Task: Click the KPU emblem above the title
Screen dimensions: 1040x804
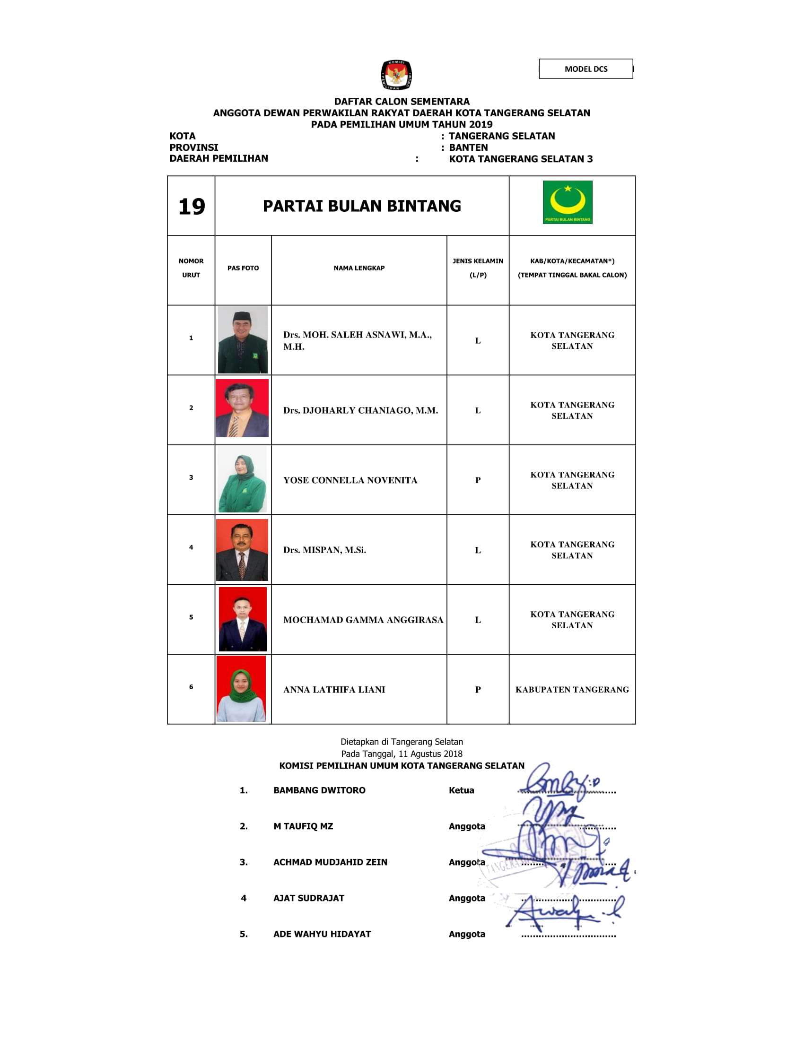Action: pyautogui.click(x=396, y=75)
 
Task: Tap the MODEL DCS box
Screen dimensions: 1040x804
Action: pyautogui.click(x=586, y=69)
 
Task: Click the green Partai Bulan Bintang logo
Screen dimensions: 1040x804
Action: pyautogui.click(x=567, y=202)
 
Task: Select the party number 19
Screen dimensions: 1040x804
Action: pyautogui.click(x=192, y=207)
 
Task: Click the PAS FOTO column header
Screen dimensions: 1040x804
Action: pyautogui.click(x=243, y=268)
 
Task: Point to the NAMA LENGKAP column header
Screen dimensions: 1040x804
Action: pyautogui.click(x=358, y=268)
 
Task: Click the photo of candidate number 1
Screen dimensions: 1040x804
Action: pyautogui.click(x=243, y=339)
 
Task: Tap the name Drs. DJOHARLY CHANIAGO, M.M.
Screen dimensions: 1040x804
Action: pyautogui.click(x=360, y=410)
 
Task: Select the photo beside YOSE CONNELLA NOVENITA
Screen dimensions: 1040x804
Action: pyautogui.click(x=243, y=479)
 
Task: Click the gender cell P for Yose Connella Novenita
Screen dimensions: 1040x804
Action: pyautogui.click(x=478, y=480)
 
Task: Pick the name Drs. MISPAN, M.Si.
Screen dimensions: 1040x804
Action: pyautogui.click(x=324, y=550)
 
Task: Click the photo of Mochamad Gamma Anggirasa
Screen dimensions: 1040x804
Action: pyautogui.click(x=243, y=619)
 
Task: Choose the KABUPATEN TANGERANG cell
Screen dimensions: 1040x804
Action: pyautogui.click(x=572, y=690)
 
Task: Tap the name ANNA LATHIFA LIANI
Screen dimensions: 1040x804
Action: pyautogui.click(x=334, y=690)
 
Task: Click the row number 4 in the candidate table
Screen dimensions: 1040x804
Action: pyautogui.click(x=191, y=547)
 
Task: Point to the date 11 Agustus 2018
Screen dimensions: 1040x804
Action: pyautogui.click(x=430, y=754)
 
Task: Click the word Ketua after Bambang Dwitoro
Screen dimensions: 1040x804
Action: pyautogui.click(x=461, y=790)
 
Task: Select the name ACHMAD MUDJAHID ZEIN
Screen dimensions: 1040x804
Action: pyautogui.click(x=330, y=862)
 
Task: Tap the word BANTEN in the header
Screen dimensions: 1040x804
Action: pyautogui.click(x=468, y=147)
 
